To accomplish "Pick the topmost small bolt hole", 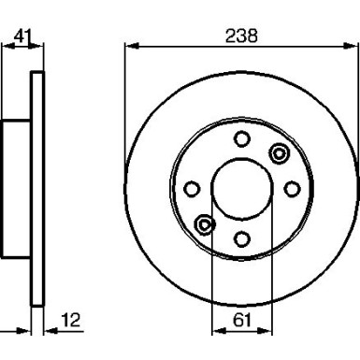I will [x=241, y=140].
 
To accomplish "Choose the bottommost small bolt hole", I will [x=241, y=238].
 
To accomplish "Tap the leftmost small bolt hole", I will [x=193, y=189].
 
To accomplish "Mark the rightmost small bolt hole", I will [x=289, y=189].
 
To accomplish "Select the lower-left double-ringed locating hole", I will [x=206, y=224].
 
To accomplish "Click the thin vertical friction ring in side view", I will [x=37, y=187].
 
